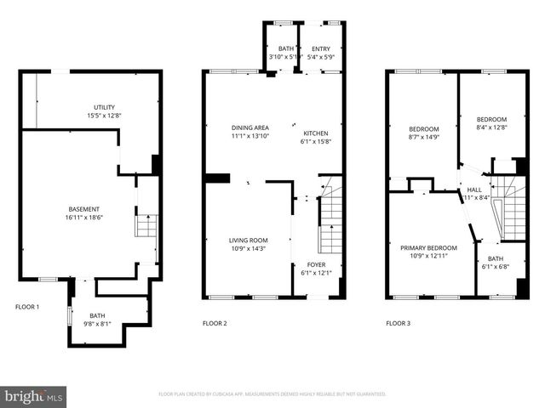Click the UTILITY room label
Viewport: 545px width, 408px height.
104,107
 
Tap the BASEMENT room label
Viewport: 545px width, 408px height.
84,209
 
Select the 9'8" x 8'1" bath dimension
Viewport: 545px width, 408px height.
97,323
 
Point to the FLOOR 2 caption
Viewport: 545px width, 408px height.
215,323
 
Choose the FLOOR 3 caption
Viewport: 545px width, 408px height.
398,323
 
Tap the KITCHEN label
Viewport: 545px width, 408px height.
316,133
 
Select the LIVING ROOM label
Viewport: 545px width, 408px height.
249,240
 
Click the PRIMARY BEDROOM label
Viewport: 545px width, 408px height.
428,248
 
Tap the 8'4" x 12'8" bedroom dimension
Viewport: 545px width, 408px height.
491,127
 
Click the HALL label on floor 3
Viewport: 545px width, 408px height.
474,190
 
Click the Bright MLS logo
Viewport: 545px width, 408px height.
34,396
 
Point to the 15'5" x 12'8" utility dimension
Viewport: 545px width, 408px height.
104,115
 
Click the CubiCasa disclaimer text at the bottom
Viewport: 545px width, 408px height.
272,394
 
